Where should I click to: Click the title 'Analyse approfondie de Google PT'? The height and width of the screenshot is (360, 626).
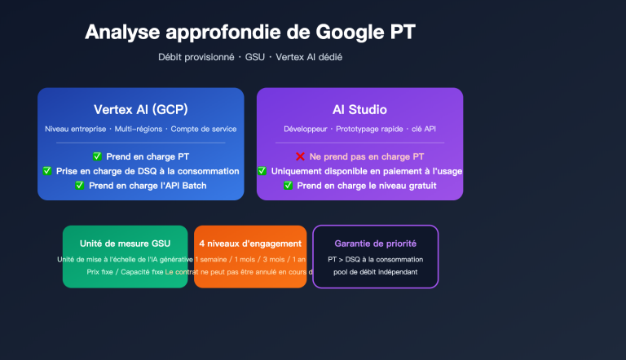click(x=249, y=32)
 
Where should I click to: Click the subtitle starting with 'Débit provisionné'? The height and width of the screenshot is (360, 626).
click(x=256, y=57)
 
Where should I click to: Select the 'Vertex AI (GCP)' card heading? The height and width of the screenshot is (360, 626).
click(x=140, y=109)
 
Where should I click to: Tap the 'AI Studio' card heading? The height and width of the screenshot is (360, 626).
click(x=359, y=109)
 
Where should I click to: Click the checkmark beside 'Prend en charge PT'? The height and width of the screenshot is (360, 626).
click(x=97, y=156)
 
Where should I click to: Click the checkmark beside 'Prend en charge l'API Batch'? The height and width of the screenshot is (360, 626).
click(x=80, y=185)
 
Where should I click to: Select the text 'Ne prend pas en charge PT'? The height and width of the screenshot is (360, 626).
click(x=367, y=156)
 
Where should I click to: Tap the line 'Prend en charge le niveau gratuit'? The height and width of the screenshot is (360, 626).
click(x=367, y=185)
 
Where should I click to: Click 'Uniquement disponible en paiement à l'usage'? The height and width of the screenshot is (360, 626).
click(x=367, y=171)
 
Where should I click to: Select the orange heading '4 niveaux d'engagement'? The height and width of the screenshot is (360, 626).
click(x=250, y=244)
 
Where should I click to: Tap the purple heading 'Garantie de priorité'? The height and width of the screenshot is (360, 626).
click(x=375, y=244)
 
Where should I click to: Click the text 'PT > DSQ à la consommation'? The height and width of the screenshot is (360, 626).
click(x=375, y=259)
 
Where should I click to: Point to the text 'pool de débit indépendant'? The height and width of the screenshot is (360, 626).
click(x=375, y=272)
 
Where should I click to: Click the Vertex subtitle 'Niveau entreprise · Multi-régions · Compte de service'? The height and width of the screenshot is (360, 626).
click(x=140, y=130)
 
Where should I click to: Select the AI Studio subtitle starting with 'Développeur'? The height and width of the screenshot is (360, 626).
click(x=359, y=130)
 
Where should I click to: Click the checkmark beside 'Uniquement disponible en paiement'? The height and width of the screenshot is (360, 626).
click(x=262, y=171)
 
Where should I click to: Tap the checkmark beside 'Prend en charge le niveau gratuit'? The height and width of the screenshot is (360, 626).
click(x=288, y=185)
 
